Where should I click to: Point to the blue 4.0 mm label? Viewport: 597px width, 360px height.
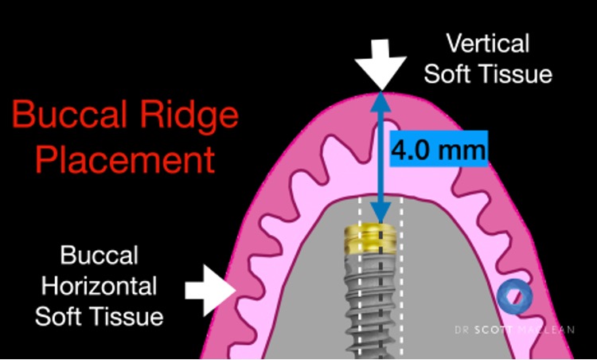click(x=438, y=149)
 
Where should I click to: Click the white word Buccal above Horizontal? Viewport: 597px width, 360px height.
click(x=99, y=256)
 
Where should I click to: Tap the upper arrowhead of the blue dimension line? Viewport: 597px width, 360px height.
click(x=382, y=100)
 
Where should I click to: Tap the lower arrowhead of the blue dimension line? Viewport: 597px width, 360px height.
click(x=382, y=216)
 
